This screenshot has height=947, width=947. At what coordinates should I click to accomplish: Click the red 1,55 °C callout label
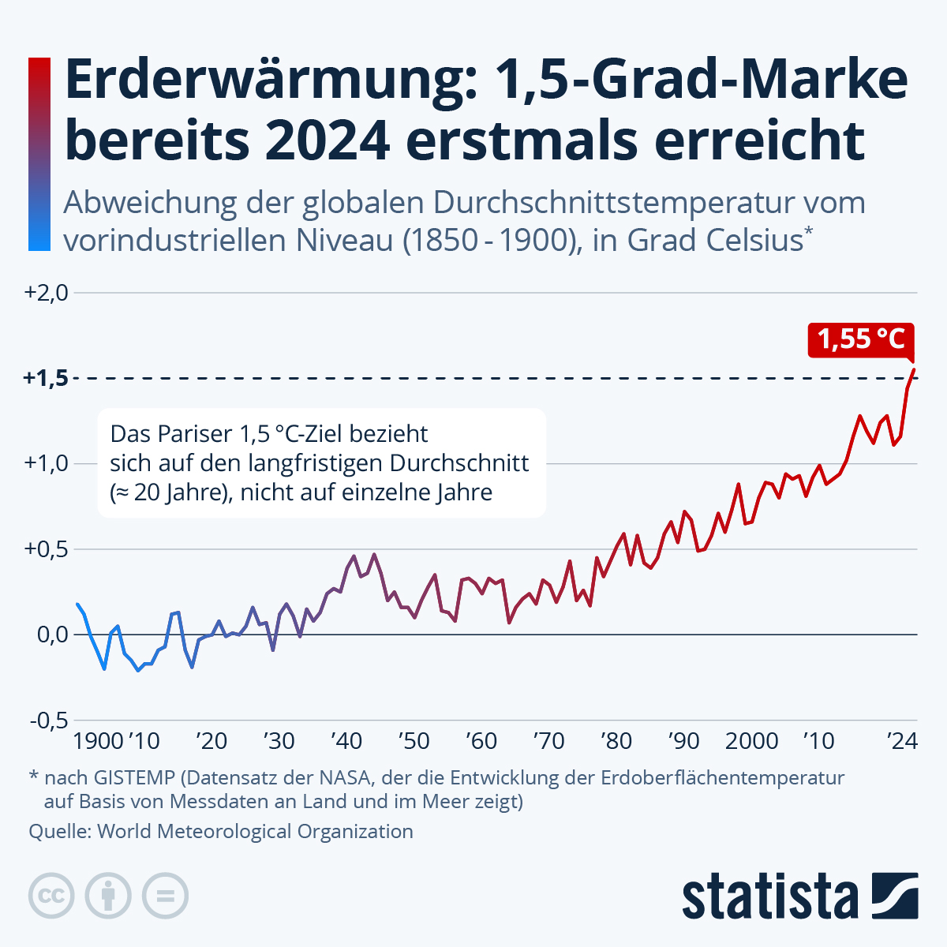click(860, 339)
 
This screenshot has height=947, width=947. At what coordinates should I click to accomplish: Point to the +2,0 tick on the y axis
click(47, 293)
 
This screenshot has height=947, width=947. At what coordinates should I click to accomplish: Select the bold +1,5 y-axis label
click(46, 378)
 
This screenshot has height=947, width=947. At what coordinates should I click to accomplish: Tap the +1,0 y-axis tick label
click(47, 463)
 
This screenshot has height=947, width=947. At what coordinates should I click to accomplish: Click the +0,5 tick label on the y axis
click(47, 548)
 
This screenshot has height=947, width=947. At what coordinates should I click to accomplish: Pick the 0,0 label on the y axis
click(53, 634)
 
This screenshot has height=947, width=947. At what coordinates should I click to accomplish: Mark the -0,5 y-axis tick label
click(49, 720)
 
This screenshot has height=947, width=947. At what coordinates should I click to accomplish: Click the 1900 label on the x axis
click(98, 742)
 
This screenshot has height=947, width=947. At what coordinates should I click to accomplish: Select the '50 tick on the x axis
click(414, 742)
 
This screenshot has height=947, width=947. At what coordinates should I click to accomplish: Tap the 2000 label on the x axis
click(751, 742)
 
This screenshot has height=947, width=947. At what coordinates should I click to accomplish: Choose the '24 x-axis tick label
click(901, 742)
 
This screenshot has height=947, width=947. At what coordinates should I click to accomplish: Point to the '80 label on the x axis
click(616, 742)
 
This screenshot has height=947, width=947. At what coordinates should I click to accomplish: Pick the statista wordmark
click(770, 896)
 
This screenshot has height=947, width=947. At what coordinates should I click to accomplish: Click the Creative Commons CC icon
click(51, 896)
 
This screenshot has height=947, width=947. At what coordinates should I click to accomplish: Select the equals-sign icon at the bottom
click(165, 896)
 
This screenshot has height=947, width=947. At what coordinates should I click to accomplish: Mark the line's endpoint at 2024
click(914, 369)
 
